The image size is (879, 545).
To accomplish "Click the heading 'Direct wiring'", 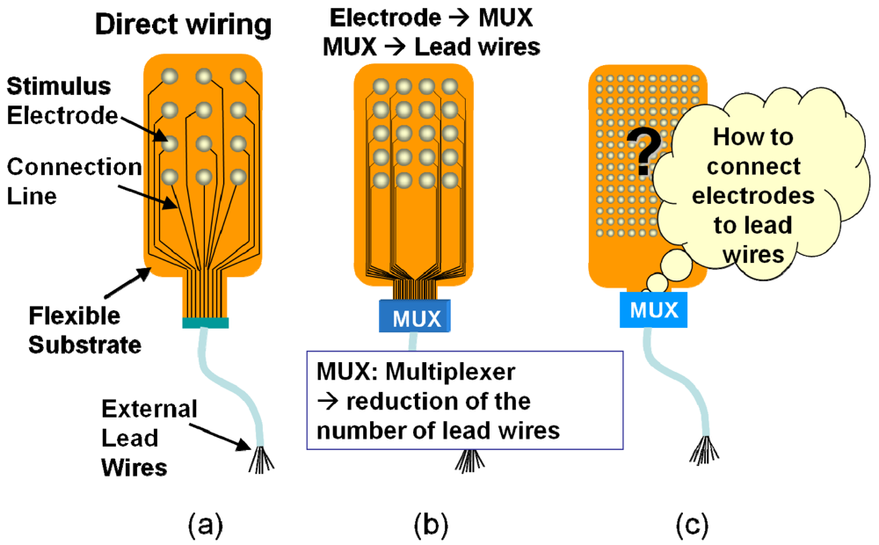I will [x=184, y=25].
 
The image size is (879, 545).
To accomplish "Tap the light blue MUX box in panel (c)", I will [x=654, y=309].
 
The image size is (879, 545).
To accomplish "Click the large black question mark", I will [x=645, y=150].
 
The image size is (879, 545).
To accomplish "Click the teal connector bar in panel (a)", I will [x=205, y=323].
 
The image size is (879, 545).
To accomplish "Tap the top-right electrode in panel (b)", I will [x=449, y=86].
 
